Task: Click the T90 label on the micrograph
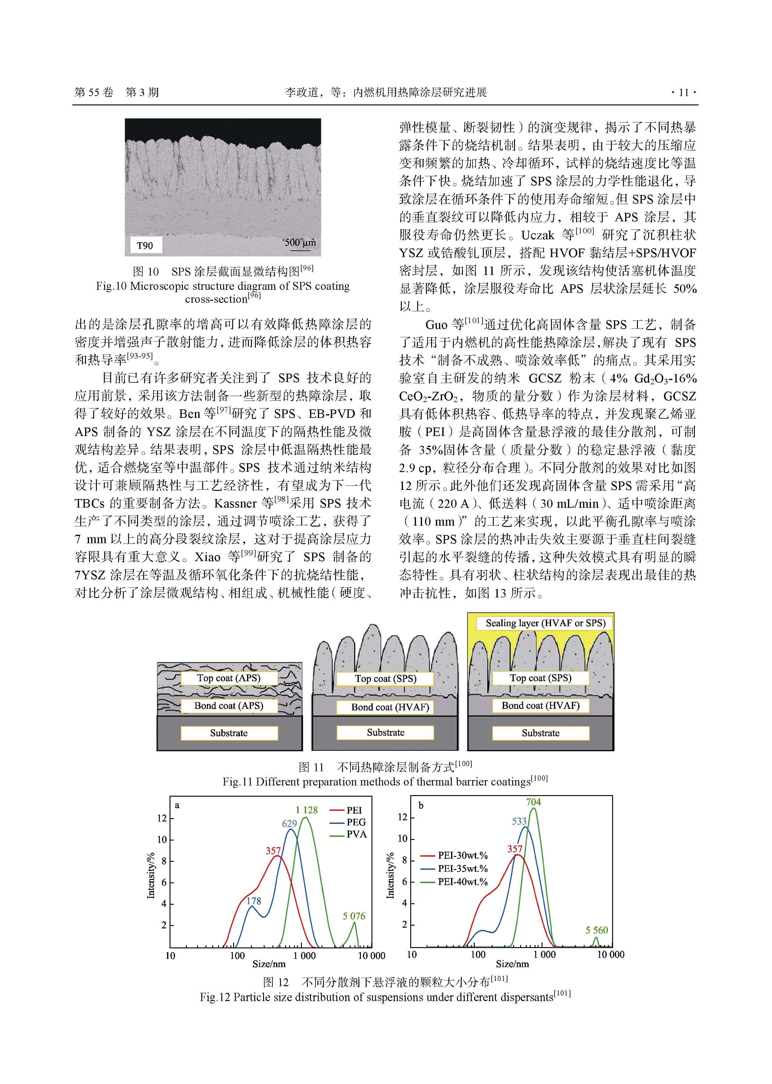[x=145, y=245]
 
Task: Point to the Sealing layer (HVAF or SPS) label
[x=545, y=623]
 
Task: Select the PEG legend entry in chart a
[x=356, y=822]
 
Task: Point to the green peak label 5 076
[x=354, y=916]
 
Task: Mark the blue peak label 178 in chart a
[x=254, y=901]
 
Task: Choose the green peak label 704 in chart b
[x=533, y=802]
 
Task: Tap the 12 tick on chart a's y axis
[x=162, y=818]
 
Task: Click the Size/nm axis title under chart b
[x=512, y=964]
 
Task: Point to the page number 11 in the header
[x=684, y=92]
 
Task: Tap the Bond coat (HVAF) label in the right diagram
[x=540, y=706]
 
